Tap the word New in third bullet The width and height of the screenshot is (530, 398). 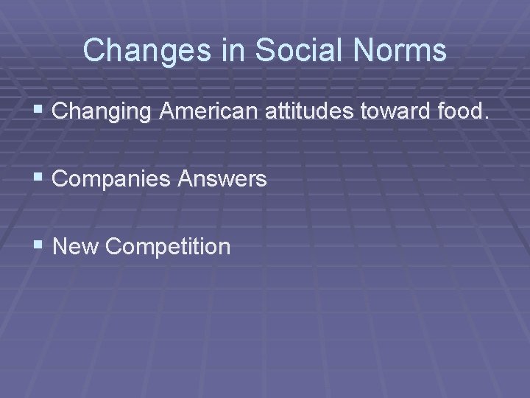(76, 245)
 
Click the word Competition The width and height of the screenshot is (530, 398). (168, 246)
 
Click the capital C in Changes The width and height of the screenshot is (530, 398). (93, 51)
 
